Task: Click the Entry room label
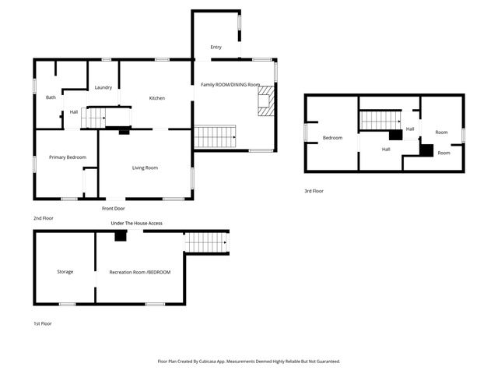pyautogui.click(x=205, y=48)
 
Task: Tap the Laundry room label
pyautogui.click(x=103, y=87)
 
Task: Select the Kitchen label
pyautogui.click(x=157, y=98)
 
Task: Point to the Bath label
pyautogui.click(x=51, y=97)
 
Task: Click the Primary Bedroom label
pyautogui.click(x=68, y=157)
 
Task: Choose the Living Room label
pyautogui.click(x=145, y=168)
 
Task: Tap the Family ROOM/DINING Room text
pyautogui.click(x=230, y=84)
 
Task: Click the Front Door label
pyautogui.click(x=113, y=209)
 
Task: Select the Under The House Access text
pyautogui.click(x=136, y=224)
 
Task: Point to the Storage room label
pyautogui.click(x=65, y=272)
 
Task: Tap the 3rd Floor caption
pyautogui.click(x=314, y=191)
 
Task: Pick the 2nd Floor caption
pyautogui.click(x=43, y=218)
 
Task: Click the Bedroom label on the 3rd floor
pyautogui.click(x=333, y=138)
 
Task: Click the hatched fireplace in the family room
pyautogui.click(x=267, y=101)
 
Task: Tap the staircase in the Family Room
pyautogui.click(x=214, y=137)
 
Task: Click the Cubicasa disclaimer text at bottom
pyautogui.click(x=248, y=362)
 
